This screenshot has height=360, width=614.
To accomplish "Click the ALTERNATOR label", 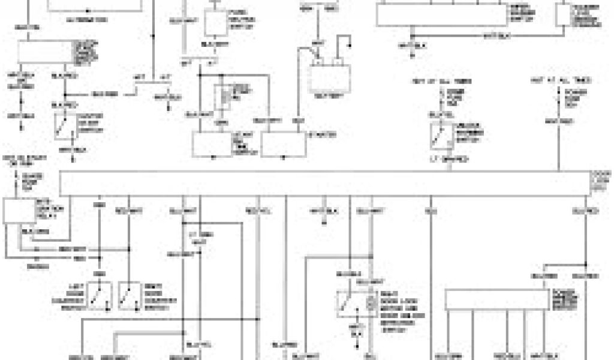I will (x=87, y=20).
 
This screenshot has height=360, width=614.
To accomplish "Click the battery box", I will (x=329, y=77).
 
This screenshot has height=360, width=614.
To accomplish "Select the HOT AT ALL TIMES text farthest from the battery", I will (x=553, y=80).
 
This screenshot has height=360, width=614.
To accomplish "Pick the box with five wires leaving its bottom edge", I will (x=498, y=300).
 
